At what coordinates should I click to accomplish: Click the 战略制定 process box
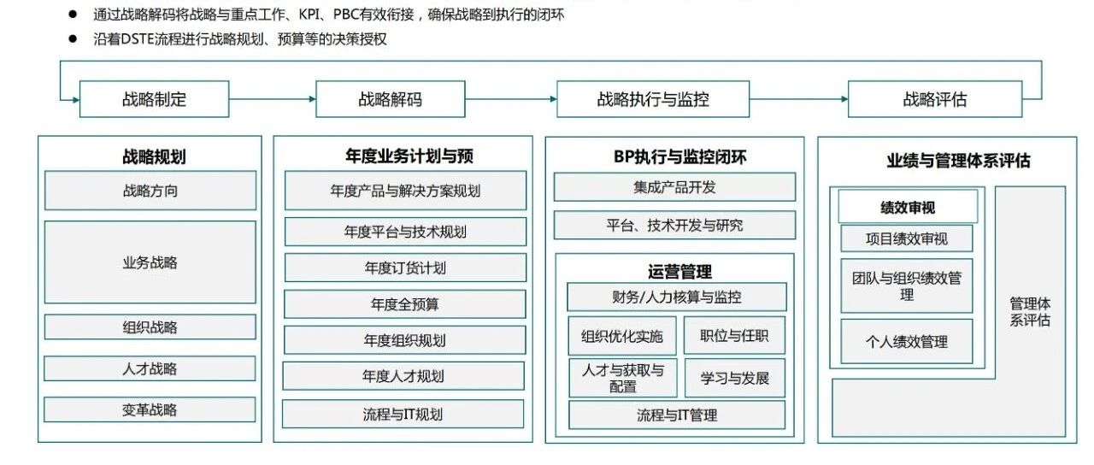pos(155,99)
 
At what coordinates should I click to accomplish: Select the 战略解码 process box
pos(391,99)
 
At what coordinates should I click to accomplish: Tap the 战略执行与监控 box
pos(653,99)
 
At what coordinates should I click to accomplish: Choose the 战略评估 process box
pos(935,99)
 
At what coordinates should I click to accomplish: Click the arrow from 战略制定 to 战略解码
pos(273,99)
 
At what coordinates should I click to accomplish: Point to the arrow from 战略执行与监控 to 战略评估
pos(798,99)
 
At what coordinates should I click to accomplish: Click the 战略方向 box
pos(150,191)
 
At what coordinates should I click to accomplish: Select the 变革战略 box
pos(150,409)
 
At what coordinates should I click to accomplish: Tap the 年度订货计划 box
pos(405,268)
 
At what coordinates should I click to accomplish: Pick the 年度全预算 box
pos(405,304)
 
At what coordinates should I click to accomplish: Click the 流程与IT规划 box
pos(403,415)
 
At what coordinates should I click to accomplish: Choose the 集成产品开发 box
pos(674,187)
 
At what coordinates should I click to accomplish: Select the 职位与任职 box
pos(734,336)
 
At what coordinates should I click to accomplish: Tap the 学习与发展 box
pos(735,378)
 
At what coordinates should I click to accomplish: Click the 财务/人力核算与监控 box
pos(677,297)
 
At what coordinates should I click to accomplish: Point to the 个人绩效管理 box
pos(907,341)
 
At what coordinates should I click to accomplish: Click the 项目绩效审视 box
pos(907,238)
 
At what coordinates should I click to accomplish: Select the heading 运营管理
pos(679,272)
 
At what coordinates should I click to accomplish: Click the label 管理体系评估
pos(1030,312)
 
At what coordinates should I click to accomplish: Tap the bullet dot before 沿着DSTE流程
pos(73,38)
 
